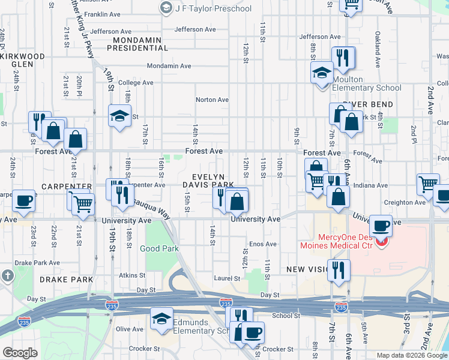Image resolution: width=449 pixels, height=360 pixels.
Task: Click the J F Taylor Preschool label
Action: tap(212, 8)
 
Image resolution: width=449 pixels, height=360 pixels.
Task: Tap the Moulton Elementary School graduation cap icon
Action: tap(322, 73)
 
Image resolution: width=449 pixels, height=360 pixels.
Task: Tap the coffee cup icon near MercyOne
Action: tap(381, 226)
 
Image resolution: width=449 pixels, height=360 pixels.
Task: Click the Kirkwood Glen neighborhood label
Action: tap(23, 60)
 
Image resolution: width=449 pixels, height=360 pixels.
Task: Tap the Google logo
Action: tap(20, 353)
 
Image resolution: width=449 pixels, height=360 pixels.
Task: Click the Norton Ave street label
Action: tap(212, 100)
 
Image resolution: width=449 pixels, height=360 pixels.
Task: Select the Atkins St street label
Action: tap(128, 275)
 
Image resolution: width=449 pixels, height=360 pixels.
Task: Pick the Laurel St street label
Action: tap(227, 278)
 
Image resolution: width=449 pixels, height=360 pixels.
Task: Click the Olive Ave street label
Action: tap(129, 329)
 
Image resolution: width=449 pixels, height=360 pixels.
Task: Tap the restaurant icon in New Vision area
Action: tap(340, 270)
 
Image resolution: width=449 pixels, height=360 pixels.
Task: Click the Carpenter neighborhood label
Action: tap(67, 187)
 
